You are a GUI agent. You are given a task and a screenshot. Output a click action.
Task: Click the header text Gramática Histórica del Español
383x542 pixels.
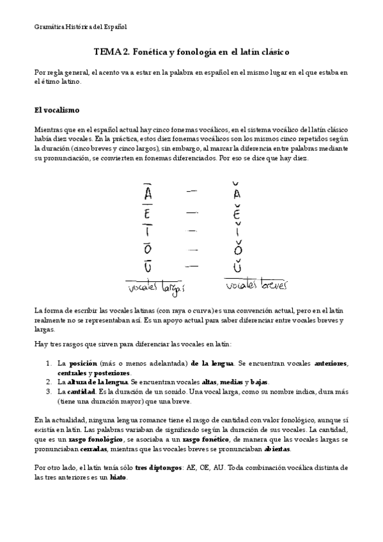(x=81, y=27)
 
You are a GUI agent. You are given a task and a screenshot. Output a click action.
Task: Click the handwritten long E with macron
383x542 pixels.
(x=148, y=212)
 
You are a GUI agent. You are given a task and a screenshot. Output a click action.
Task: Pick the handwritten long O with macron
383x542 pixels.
(x=148, y=249)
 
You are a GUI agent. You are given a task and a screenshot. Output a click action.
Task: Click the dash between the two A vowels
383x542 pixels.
(x=191, y=190)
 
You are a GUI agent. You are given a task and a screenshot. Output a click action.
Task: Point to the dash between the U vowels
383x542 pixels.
(x=191, y=265)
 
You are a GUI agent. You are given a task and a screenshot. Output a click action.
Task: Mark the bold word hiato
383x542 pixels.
(x=118, y=477)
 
